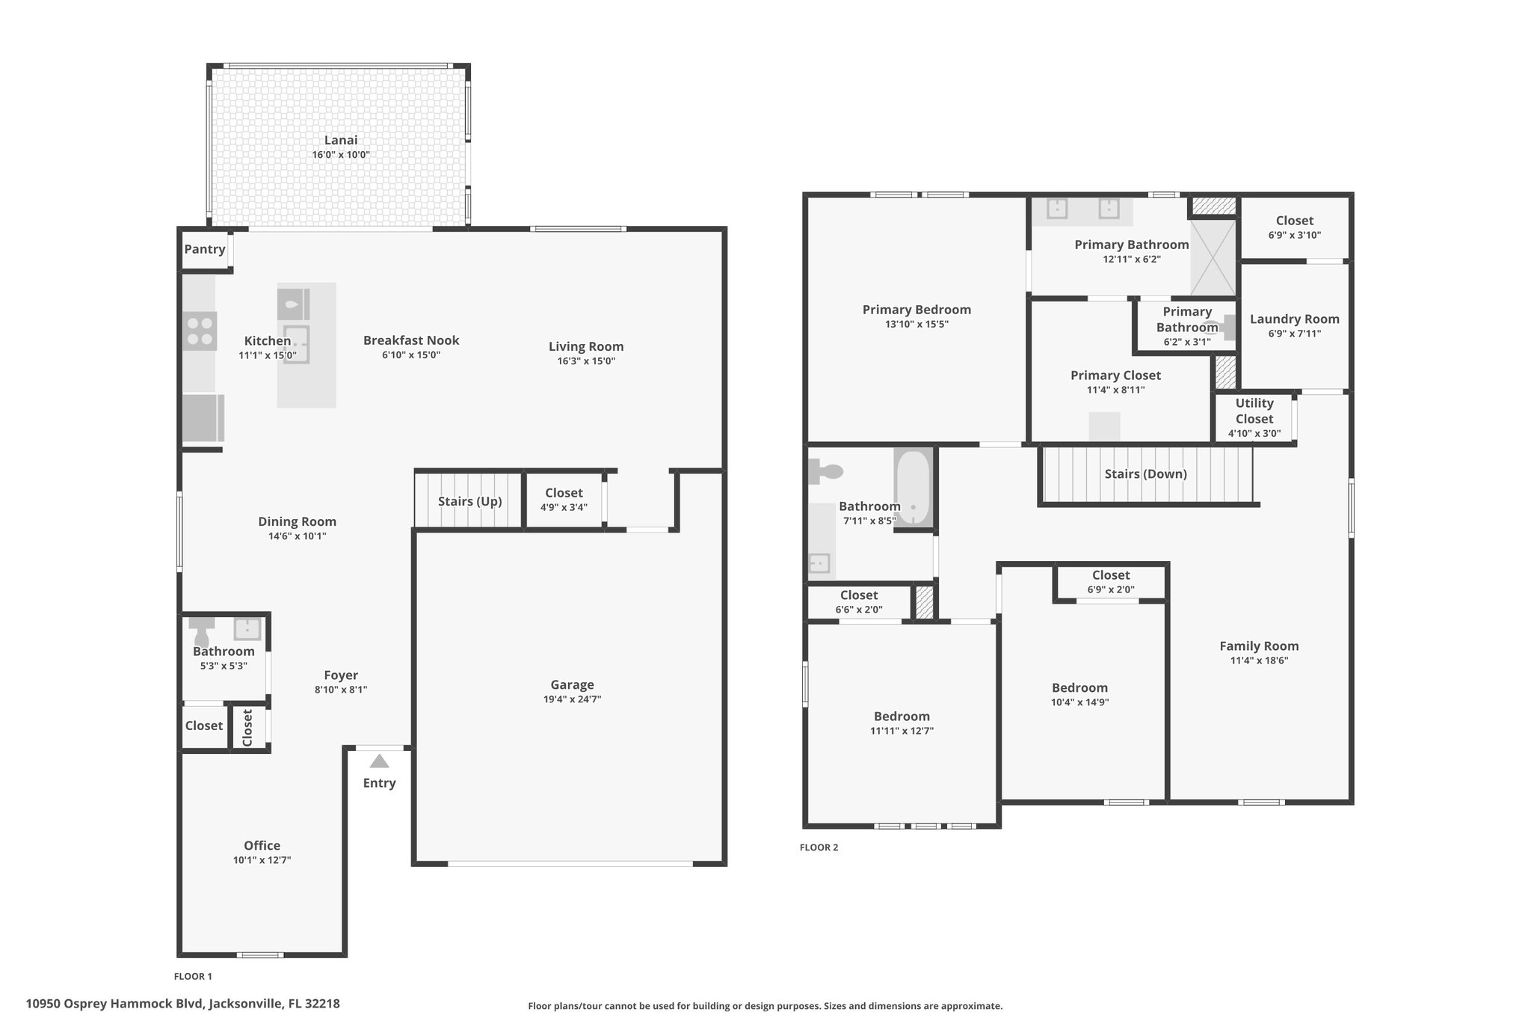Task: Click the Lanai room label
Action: [x=341, y=140]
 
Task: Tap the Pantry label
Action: [x=205, y=249]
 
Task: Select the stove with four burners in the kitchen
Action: [x=200, y=331]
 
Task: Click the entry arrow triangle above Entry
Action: [x=380, y=761]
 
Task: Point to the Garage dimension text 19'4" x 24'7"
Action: [x=573, y=699]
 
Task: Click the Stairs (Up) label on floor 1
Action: [x=470, y=501]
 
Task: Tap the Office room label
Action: [x=262, y=845]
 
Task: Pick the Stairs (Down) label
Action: [x=1146, y=473]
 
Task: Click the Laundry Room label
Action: [x=1295, y=319]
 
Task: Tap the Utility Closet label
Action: [x=1254, y=411]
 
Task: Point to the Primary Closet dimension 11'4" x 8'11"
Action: [x=1116, y=390]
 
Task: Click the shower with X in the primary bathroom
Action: [x=1213, y=257]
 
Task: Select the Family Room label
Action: [x=1259, y=646]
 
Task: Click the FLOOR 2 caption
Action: [x=819, y=847]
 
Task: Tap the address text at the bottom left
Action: [x=183, y=1004]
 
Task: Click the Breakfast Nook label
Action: [x=411, y=340]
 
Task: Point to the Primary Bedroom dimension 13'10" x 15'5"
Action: [x=917, y=324]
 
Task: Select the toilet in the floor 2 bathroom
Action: [x=825, y=471]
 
